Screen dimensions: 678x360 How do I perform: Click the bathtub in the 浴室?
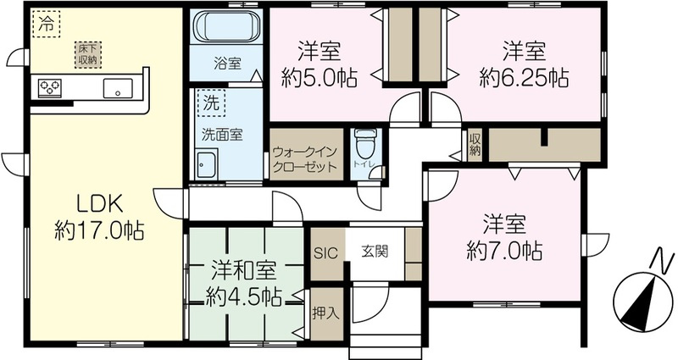[x=227, y=27]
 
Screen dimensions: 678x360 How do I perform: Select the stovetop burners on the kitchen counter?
[x=50, y=88]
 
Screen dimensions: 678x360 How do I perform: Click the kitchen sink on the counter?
[x=118, y=88]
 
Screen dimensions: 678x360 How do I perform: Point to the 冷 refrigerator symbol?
[x=47, y=25]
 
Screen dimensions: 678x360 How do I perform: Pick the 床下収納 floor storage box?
[x=88, y=55]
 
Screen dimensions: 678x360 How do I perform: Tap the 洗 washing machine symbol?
[x=211, y=103]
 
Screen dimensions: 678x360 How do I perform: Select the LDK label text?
[x=100, y=204]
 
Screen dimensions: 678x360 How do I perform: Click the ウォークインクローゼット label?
[x=305, y=159]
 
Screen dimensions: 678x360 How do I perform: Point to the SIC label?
[x=325, y=252]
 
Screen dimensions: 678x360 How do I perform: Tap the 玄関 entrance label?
[x=375, y=251]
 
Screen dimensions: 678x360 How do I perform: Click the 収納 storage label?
[x=475, y=145]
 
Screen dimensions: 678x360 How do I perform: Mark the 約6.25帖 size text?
[x=524, y=78]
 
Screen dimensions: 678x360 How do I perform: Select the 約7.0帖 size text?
[x=504, y=251]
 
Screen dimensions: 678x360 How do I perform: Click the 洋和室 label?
[x=243, y=272]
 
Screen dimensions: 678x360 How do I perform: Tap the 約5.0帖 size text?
[x=320, y=78]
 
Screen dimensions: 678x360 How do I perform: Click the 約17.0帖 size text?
[x=99, y=230]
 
